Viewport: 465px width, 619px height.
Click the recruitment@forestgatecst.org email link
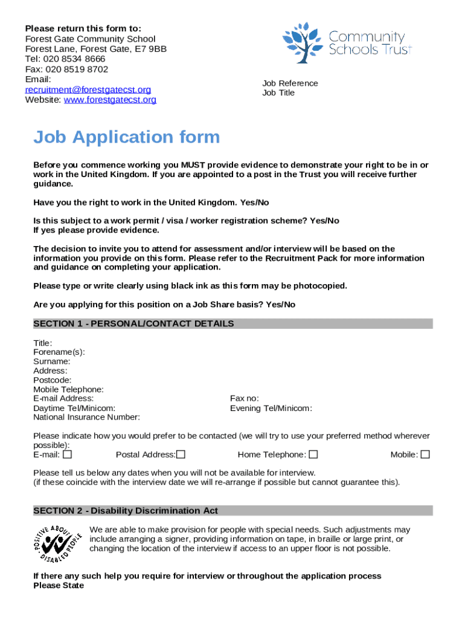pyautogui.click(x=88, y=89)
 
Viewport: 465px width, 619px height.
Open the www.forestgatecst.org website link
pyautogui.click(x=110, y=100)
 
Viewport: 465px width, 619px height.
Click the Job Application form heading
pyautogui.click(x=126, y=137)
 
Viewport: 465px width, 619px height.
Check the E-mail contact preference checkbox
pyautogui.click(x=67, y=455)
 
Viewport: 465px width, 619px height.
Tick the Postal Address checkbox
pyautogui.click(x=181, y=455)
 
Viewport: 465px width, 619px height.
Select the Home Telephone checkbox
pyautogui.click(x=313, y=455)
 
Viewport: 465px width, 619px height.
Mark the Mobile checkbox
pyautogui.click(x=425, y=455)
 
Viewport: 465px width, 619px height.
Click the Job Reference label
pyautogui.click(x=290, y=83)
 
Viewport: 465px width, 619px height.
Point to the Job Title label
pyautogui.click(x=278, y=93)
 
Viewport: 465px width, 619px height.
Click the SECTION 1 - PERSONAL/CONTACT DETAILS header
pyautogui.click(x=133, y=324)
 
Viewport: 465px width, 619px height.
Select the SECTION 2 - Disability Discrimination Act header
pyautogui.click(x=126, y=511)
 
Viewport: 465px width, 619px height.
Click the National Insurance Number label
pyautogui.click(x=86, y=417)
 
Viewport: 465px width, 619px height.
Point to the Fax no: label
pyautogui.click(x=245, y=398)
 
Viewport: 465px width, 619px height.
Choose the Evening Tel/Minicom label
pyautogui.click(x=271, y=408)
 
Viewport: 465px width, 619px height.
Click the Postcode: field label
pyautogui.click(x=53, y=380)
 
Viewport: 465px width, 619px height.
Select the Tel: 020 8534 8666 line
pyautogui.click(x=65, y=59)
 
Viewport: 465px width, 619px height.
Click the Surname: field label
pyautogui.click(x=52, y=361)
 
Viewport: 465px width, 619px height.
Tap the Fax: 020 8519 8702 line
pyautogui.click(x=66, y=69)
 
